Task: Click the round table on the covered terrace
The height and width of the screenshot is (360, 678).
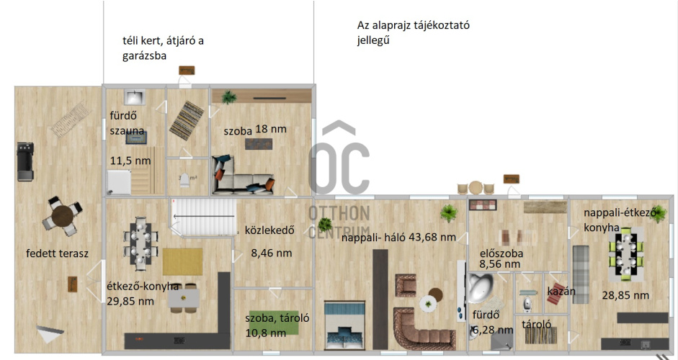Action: point(62,216)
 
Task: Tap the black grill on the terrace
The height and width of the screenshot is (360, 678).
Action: point(24,161)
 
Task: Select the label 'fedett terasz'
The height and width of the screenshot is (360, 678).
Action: point(57,253)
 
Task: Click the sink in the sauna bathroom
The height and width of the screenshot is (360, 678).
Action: point(135,97)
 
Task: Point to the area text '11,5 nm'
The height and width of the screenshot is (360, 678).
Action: point(130,161)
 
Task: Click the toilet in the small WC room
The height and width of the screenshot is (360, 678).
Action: point(185,179)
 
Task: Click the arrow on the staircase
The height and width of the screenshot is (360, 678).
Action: point(204,216)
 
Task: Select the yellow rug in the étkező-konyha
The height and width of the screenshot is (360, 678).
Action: point(182,262)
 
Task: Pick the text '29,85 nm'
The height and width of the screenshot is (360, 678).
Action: point(130,301)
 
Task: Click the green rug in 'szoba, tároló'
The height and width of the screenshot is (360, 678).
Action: point(273,323)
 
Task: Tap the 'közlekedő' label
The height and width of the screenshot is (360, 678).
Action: point(269,230)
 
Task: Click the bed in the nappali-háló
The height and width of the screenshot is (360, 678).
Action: point(344,325)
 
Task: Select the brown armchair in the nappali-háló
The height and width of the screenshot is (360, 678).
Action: point(406,285)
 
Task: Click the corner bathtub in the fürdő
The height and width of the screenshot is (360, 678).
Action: point(481,287)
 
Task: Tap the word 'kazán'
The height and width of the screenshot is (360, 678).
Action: point(561,291)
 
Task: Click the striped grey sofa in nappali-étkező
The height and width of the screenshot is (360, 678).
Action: point(581,274)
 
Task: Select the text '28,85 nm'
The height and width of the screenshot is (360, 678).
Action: point(625,296)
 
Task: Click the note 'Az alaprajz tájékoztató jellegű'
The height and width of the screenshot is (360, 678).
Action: point(414,32)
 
